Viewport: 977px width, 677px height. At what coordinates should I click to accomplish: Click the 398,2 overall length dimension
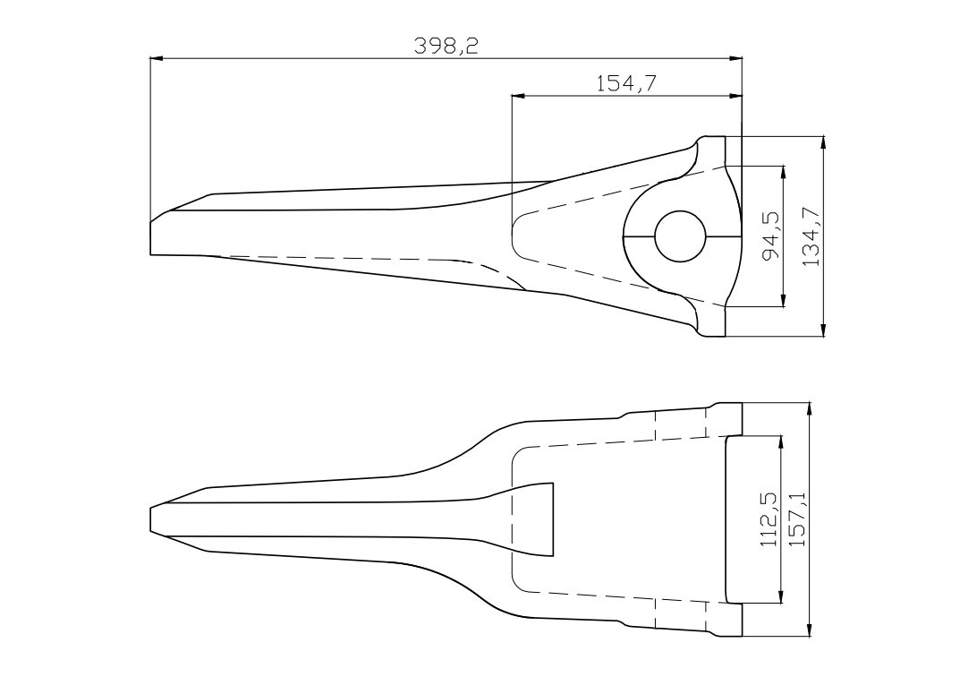446,46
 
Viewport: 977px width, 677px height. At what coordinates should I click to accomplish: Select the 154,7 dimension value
627,83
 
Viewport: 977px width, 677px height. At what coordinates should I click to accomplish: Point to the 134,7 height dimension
811,236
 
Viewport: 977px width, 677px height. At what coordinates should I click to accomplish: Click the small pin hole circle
680,237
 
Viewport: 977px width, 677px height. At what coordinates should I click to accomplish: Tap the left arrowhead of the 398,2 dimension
157,58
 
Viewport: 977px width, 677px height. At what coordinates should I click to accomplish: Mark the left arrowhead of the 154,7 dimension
518,96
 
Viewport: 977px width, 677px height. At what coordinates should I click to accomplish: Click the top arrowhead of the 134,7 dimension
824,142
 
